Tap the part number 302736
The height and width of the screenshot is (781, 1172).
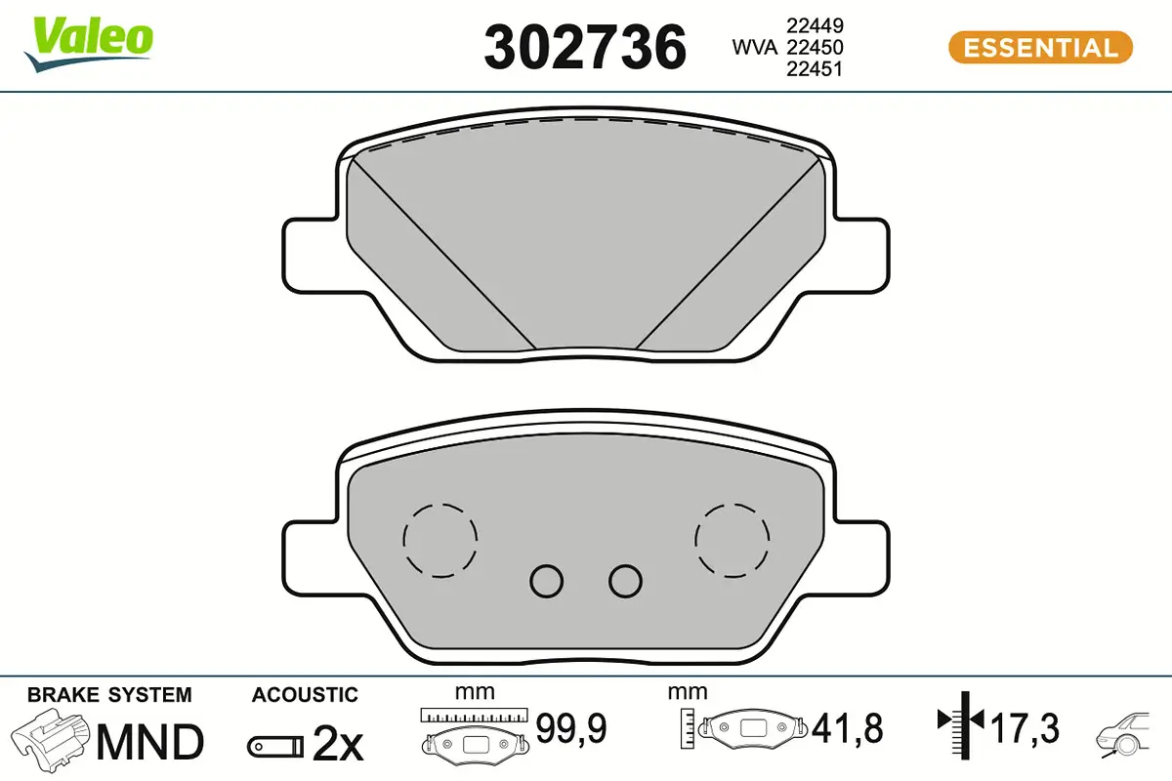585,47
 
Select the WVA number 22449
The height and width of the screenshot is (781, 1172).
815,25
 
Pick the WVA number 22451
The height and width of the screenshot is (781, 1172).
815,69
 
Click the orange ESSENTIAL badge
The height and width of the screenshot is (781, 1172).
1041,48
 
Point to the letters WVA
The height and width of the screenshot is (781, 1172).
754,48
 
